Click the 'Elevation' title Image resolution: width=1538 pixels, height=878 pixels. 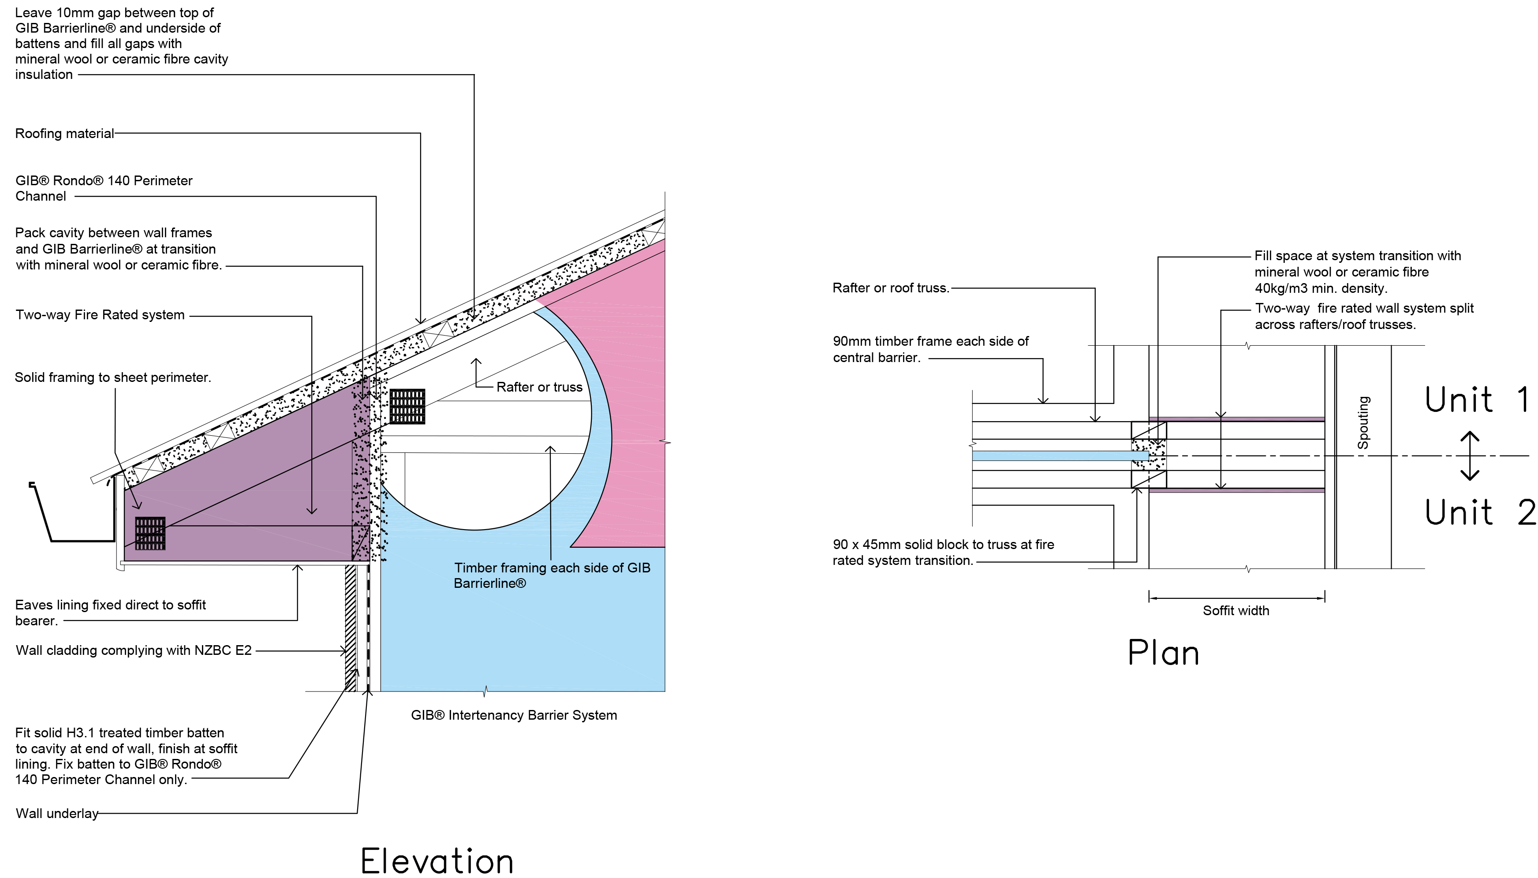point(437,860)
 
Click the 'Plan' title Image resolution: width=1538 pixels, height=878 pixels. point(1163,653)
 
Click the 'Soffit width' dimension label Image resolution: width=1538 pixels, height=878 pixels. point(1236,610)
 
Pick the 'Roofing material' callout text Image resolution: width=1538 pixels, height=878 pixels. point(64,133)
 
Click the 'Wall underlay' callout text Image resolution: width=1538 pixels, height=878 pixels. point(57,814)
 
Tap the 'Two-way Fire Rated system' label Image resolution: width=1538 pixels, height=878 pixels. point(100,315)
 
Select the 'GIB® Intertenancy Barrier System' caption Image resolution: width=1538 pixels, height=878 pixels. point(514,715)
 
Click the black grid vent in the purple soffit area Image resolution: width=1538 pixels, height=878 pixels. point(149,533)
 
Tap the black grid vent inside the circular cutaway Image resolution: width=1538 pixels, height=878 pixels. point(407,406)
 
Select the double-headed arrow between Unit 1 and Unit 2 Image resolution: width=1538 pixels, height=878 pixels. point(1470,456)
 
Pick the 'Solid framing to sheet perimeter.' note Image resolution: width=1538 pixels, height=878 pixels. point(113,377)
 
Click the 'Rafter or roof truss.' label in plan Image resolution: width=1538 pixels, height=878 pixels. point(891,288)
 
